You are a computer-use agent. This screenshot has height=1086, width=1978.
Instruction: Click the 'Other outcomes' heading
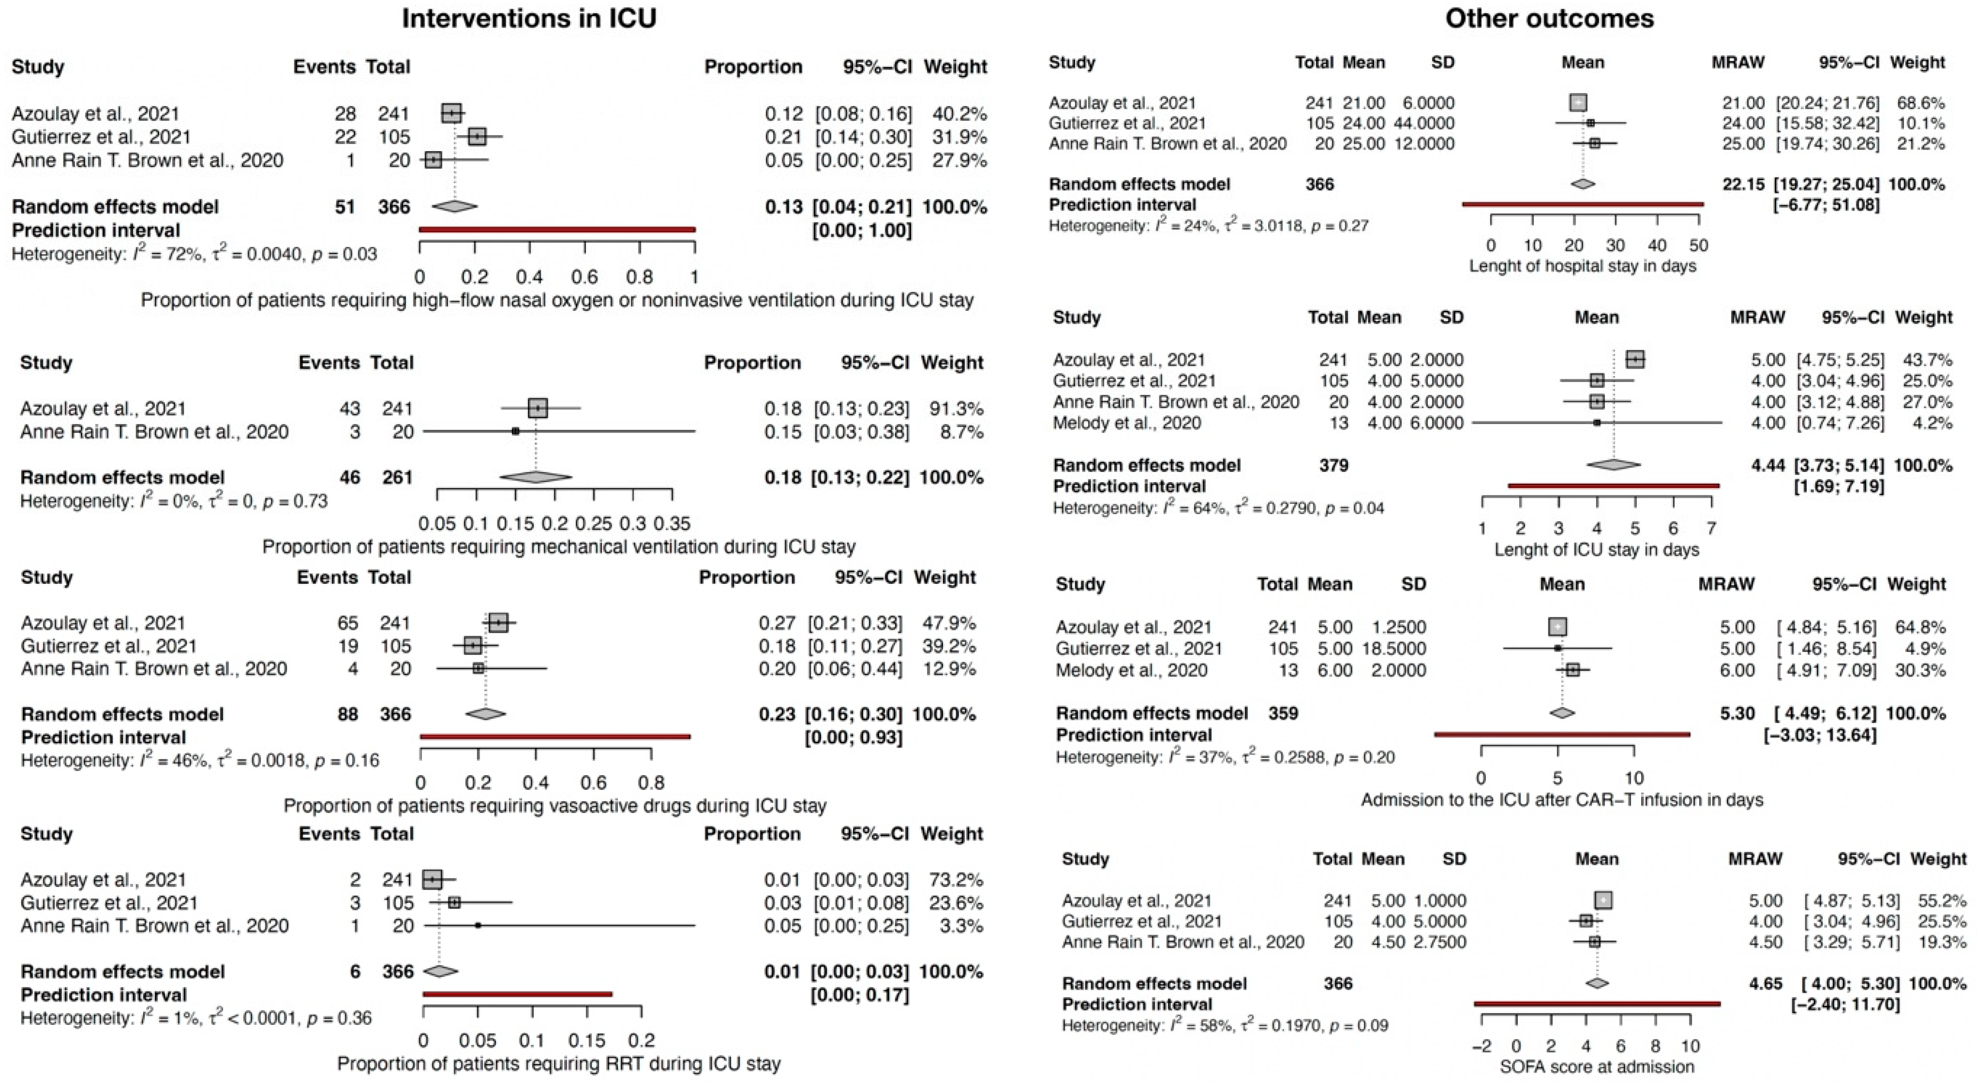point(1550,19)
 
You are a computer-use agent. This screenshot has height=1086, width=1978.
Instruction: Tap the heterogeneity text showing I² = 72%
point(194,254)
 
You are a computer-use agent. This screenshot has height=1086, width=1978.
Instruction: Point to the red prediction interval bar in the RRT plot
point(518,994)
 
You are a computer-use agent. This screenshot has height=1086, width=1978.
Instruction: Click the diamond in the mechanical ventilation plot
point(536,477)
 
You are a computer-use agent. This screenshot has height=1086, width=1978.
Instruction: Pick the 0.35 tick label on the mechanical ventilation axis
point(672,524)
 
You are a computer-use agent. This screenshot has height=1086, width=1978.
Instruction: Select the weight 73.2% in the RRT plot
point(958,880)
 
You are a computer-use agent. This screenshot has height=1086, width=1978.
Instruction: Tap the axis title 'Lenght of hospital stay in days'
point(1583,266)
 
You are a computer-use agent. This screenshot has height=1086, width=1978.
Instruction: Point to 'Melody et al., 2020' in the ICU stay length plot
point(1127,422)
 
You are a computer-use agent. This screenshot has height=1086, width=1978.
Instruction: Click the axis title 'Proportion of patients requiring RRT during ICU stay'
point(558,1064)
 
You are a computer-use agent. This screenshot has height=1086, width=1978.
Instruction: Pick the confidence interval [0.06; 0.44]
point(854,669)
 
